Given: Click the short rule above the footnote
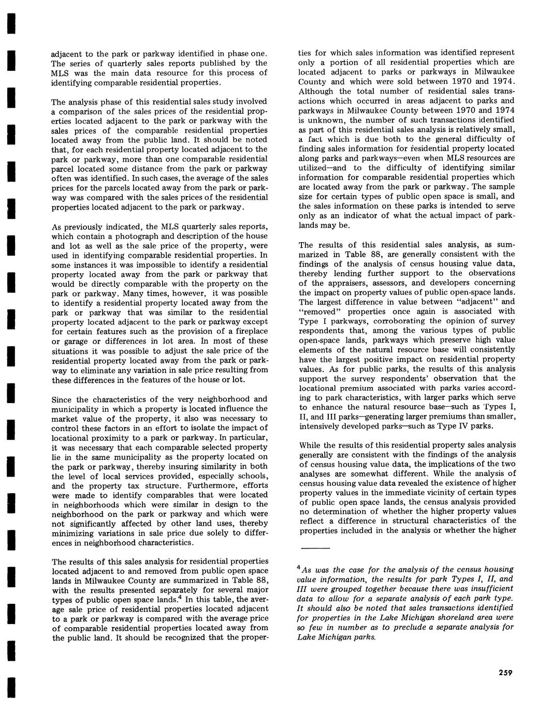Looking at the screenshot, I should coord(314,548).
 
